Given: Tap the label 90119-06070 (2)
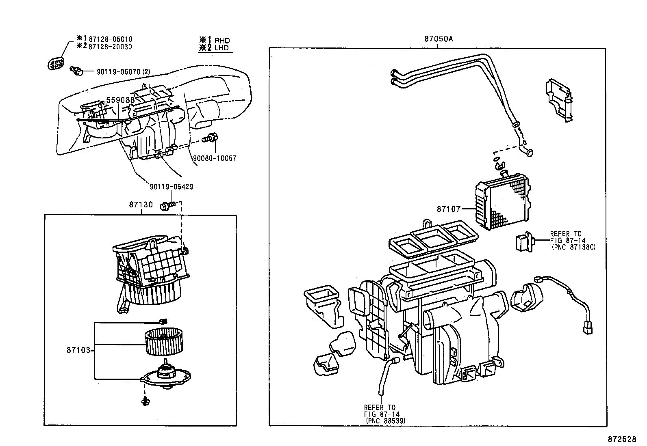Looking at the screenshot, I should click(x=124, y=72).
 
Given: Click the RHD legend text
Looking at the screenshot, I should click(x=222, y=41).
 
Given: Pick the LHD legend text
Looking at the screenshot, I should click(x=222, y=48).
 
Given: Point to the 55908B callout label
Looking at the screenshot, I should click(x=120, y=100).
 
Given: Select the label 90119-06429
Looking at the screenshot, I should click(x=172, y=187).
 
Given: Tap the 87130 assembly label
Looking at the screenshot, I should click(x=141, y=205).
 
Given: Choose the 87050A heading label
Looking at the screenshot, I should click(x=438, y=39).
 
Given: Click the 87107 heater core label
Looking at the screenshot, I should click(x=449, y=209).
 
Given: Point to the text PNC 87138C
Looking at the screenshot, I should click(x=573, y=247).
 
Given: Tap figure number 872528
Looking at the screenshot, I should click(x=622, y=439).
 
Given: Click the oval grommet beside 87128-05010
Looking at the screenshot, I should click(x=56, y=64).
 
